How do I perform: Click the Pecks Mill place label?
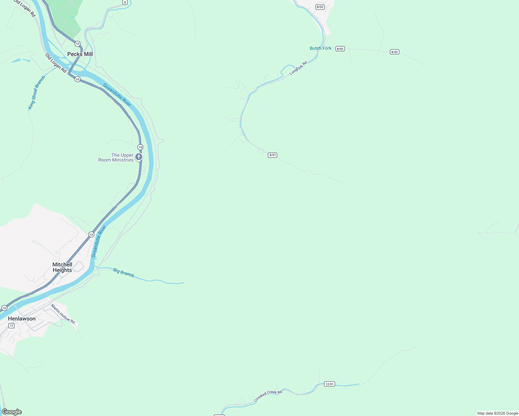tap(80, 54)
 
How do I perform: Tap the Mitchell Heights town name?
tap(62, 267)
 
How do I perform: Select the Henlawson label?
tap(22, 319)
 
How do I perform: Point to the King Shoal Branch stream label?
tap(36, 93)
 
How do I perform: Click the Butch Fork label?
tap(321, 48)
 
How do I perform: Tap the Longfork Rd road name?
tap(298, 68)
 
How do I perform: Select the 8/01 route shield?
tap(273, 155)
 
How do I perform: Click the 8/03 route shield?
tap(320, 7)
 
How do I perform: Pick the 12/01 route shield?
tap(329, 384)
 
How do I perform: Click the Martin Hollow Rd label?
tap(63, 314)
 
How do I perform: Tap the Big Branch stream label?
tap(124, 272)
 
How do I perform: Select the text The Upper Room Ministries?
tap(116, 157)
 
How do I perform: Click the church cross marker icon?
tap(138, 157)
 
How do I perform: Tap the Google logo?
tap(11, 412)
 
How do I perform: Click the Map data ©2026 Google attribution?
tap(497, 413)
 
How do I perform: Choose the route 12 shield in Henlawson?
tap(11, 326)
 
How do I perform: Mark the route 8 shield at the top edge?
tap(125, 2)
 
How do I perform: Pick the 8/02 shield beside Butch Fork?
tap(340, 49)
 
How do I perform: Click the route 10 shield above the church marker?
tap(140, 147)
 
